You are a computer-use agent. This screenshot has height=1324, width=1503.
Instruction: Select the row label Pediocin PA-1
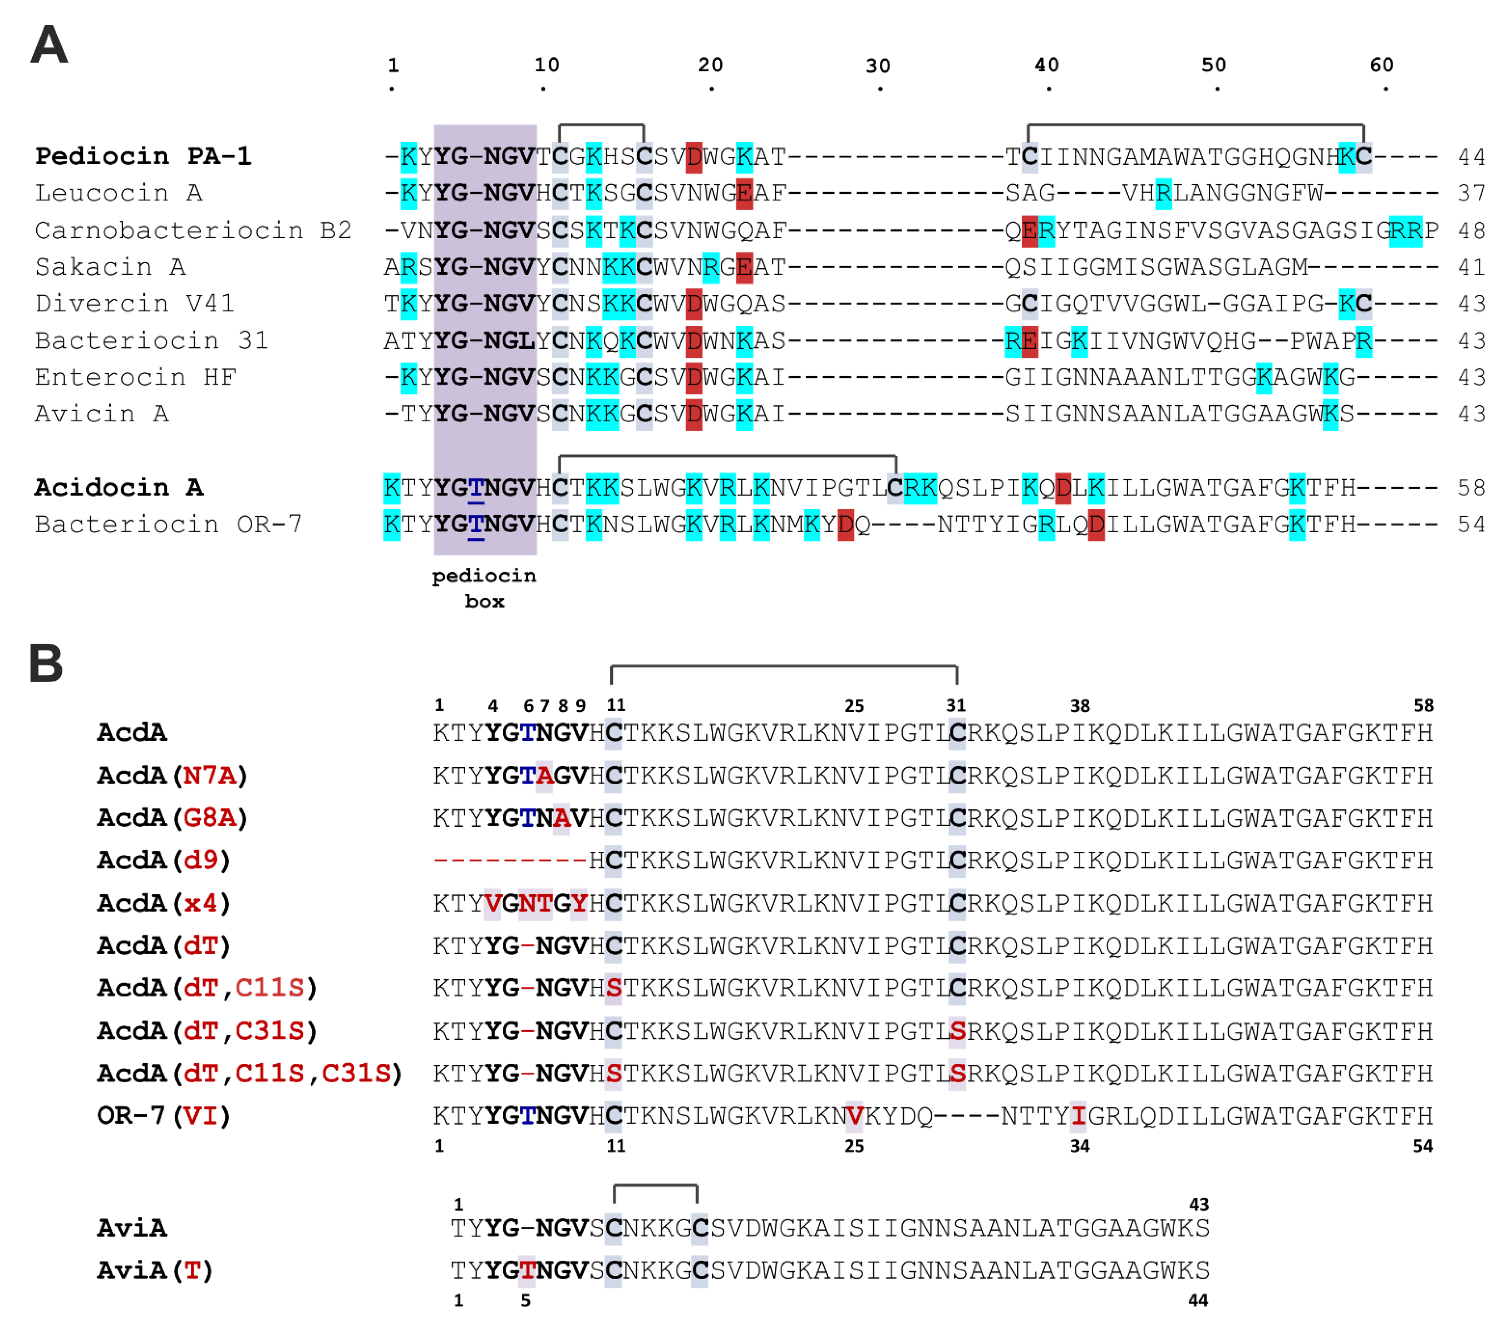tap(144, 157)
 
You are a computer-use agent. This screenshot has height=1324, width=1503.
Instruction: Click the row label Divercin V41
tap(135, 304)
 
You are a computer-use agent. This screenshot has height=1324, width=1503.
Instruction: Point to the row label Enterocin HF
tap(136, 377)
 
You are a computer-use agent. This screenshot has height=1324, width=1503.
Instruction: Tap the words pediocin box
tap(484, 588)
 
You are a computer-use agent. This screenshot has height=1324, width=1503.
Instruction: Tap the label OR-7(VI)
tap(163, 1116)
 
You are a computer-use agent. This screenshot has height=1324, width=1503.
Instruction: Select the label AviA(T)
tap(155, 1270)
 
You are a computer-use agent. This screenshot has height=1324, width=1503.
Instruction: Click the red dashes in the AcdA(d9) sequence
tap(509, 860)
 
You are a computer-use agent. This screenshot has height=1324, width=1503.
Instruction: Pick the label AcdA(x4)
tap(163, 903)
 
